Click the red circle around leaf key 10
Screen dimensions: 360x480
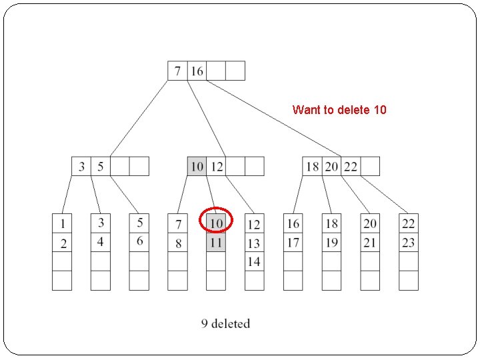click(x=216, y=220)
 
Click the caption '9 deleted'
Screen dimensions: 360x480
click(x=225, y=324)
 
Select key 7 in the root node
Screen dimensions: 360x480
click(x=177, y=71)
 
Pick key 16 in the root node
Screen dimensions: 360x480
click(x=197, y=71)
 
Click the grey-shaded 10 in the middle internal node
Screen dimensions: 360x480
click(x=197, y=166)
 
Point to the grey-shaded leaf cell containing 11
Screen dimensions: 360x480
click(x=216, y=243)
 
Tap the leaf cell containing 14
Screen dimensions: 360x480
click(x=254, y=262)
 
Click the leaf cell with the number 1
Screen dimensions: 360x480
click(x=62, y=223)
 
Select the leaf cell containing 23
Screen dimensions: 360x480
click(x=409, y=243)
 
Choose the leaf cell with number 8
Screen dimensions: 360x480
click(x=177, y=243)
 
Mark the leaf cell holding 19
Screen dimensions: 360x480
click(x=332, y=243)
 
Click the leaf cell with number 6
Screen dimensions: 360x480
click(x=139, y=241)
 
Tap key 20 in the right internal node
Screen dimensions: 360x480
click(x=331, y=166)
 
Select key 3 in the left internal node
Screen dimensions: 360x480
click(x=81, y=166)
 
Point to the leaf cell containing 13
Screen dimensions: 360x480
click(x=254, y=243)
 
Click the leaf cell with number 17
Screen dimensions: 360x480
click(x=293, y=243)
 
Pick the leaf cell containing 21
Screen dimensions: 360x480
click(x=370, y=243)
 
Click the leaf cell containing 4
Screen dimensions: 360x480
click(x=101, y=241)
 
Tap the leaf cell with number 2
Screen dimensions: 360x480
click(x=62, y=243)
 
